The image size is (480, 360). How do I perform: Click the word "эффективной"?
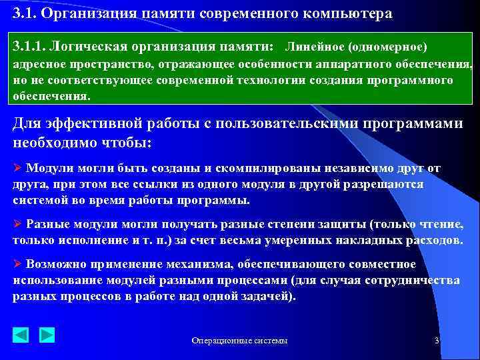(87, 125)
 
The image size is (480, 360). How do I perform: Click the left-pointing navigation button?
(21, 334)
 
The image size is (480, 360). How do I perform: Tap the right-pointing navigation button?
(47, 334)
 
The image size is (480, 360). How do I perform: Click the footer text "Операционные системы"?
(240, 341)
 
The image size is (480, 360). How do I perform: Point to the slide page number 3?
(436, 340)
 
